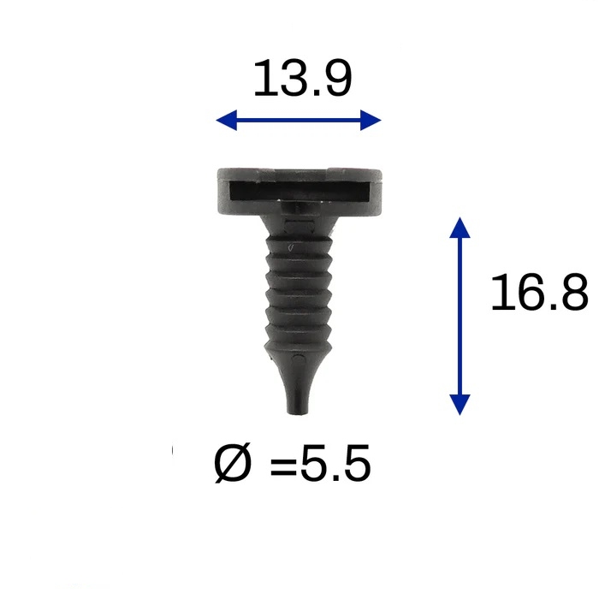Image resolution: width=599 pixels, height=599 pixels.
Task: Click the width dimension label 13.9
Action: [302, 78]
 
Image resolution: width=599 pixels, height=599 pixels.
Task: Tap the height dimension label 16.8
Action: [539, 292]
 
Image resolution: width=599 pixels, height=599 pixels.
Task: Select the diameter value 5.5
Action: [335, 464]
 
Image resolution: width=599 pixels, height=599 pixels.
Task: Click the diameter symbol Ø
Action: [233, 463]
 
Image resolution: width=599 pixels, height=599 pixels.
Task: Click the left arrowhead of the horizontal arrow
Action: [227, 120]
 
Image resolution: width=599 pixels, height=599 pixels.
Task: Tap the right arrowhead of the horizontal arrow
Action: [371, 120]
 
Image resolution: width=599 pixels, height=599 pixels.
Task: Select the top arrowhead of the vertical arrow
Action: [460, 228]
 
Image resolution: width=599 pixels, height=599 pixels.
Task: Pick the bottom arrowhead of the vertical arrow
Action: [460, 405]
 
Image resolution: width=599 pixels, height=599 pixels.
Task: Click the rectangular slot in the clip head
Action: [299, 191]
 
